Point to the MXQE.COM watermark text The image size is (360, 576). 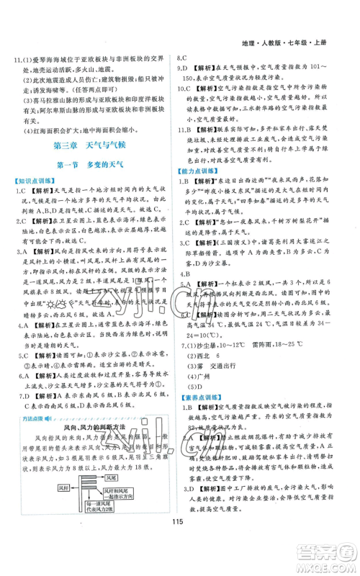(x=327, y=566)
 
